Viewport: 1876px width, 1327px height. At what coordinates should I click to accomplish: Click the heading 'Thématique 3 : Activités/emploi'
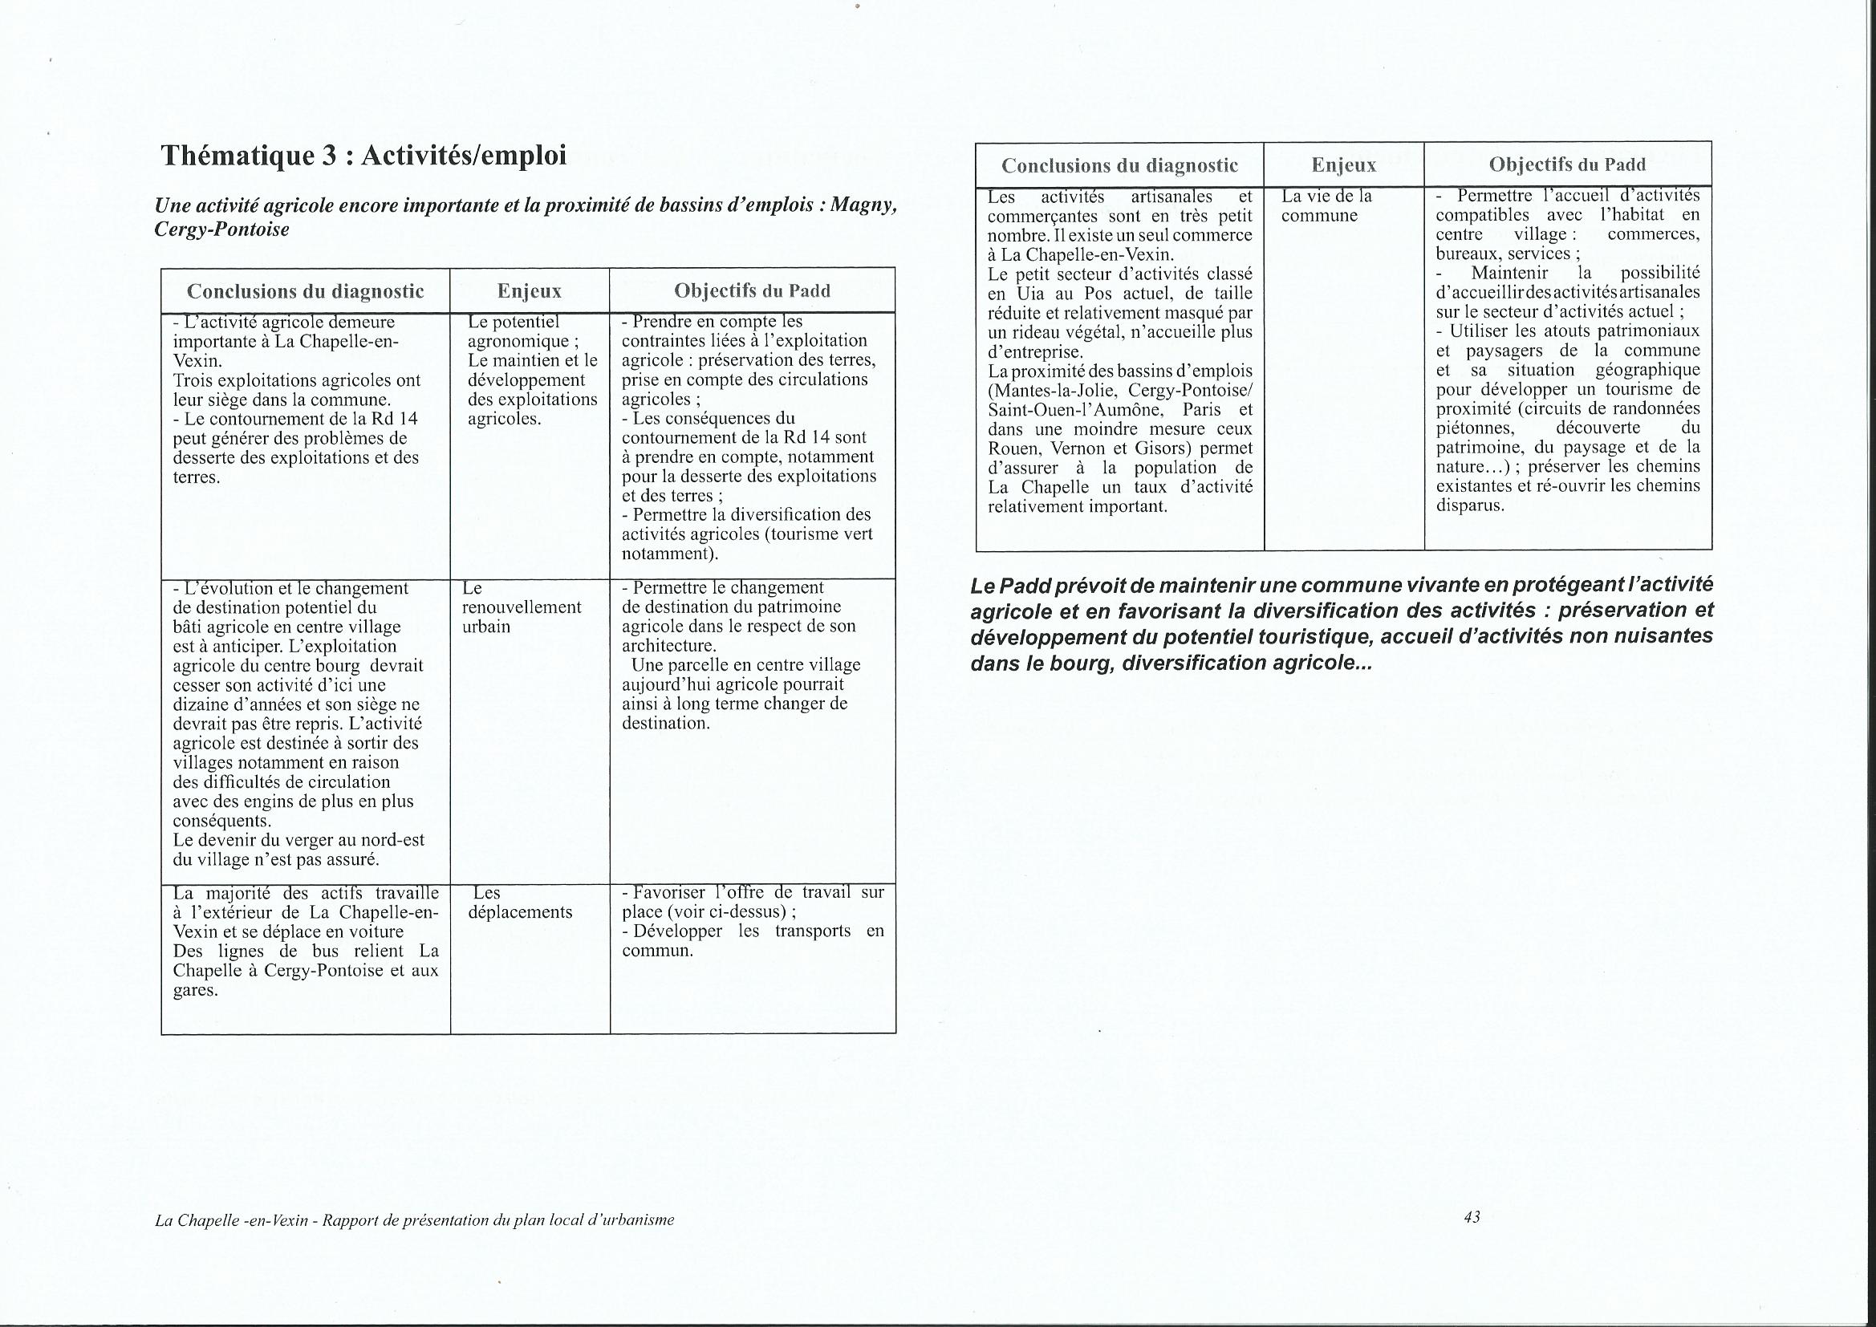point(363,156)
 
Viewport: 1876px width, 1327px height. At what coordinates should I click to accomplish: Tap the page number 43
point(1472,1217)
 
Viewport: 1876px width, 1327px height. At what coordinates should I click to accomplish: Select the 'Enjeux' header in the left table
point(530,291)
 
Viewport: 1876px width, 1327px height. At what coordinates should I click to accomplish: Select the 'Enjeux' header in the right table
point(1343,165)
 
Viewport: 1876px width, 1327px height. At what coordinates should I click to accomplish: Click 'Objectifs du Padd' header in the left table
point(752,291)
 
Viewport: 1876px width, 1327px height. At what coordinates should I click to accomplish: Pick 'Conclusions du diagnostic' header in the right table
point(1119,165)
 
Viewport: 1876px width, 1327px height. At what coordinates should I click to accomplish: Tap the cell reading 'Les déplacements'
point(520,903)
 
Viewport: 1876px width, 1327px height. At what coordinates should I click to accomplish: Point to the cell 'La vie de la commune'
point(1326,206)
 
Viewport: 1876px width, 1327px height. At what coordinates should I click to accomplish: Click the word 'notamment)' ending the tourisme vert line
point(670,554)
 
